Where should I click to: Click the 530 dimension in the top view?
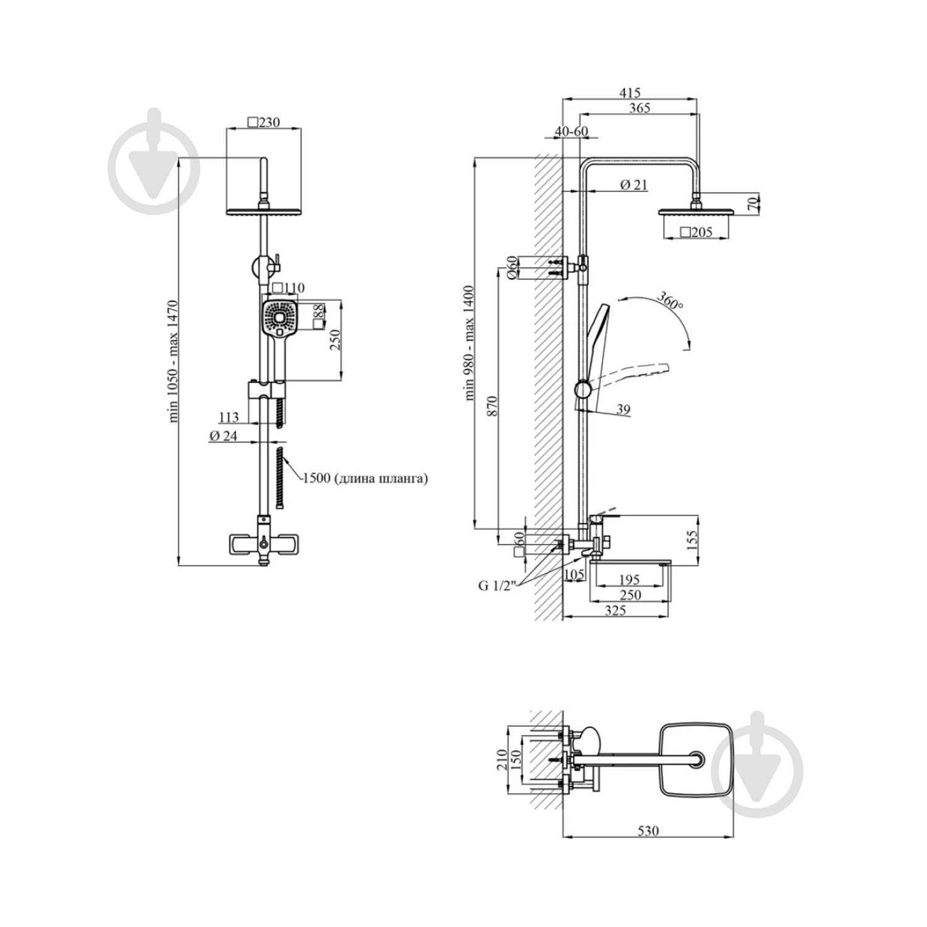[648, 831]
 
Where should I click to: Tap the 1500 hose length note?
[365, 478]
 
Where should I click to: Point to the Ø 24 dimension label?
[224, 435]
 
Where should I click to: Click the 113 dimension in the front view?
[229, 418]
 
